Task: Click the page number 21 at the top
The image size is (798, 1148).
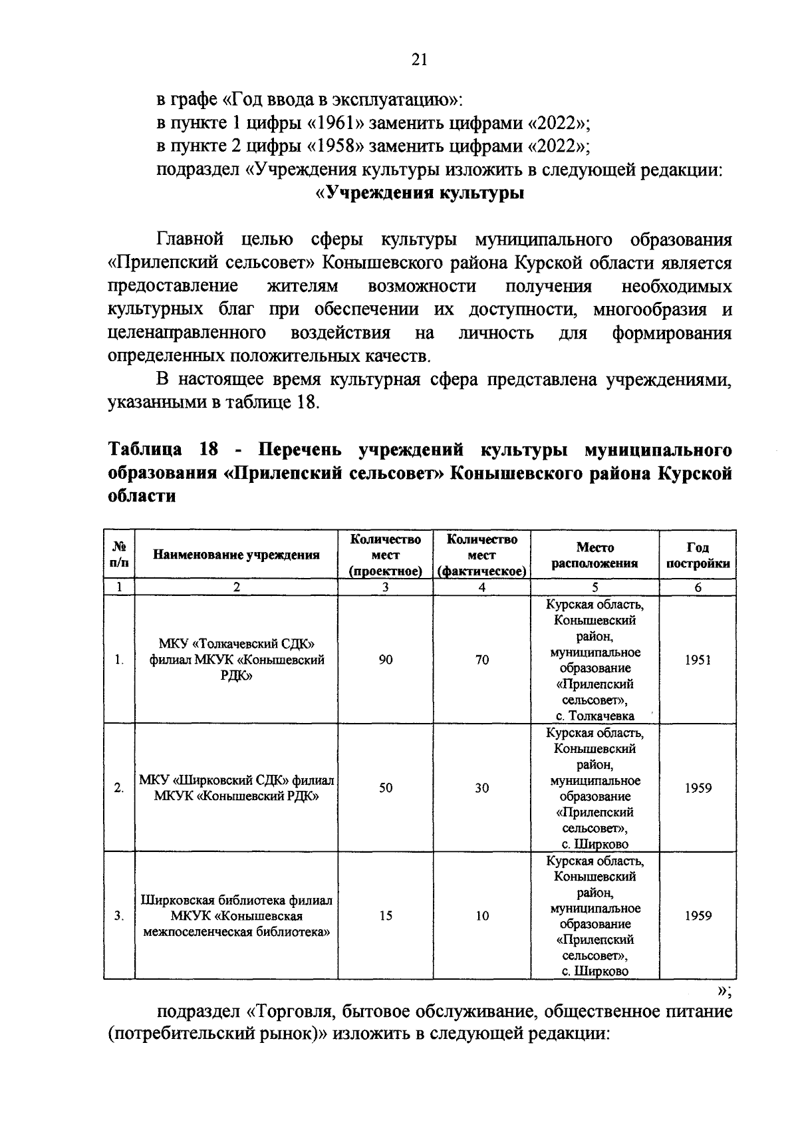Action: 418,61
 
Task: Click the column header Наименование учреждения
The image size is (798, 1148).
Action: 236,555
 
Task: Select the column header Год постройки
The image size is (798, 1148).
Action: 698,555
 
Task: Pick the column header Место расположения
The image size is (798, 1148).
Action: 595,555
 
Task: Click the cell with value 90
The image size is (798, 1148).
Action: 386,659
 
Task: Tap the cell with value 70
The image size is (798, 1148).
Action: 482,659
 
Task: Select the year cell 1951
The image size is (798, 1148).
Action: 698,659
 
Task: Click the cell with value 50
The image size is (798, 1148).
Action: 386,788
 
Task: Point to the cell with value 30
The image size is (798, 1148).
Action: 482,788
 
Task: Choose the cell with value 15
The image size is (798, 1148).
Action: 386,916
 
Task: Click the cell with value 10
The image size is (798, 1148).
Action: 482,916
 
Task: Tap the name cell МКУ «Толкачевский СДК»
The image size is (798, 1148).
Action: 236,644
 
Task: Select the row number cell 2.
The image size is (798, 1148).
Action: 119,788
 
